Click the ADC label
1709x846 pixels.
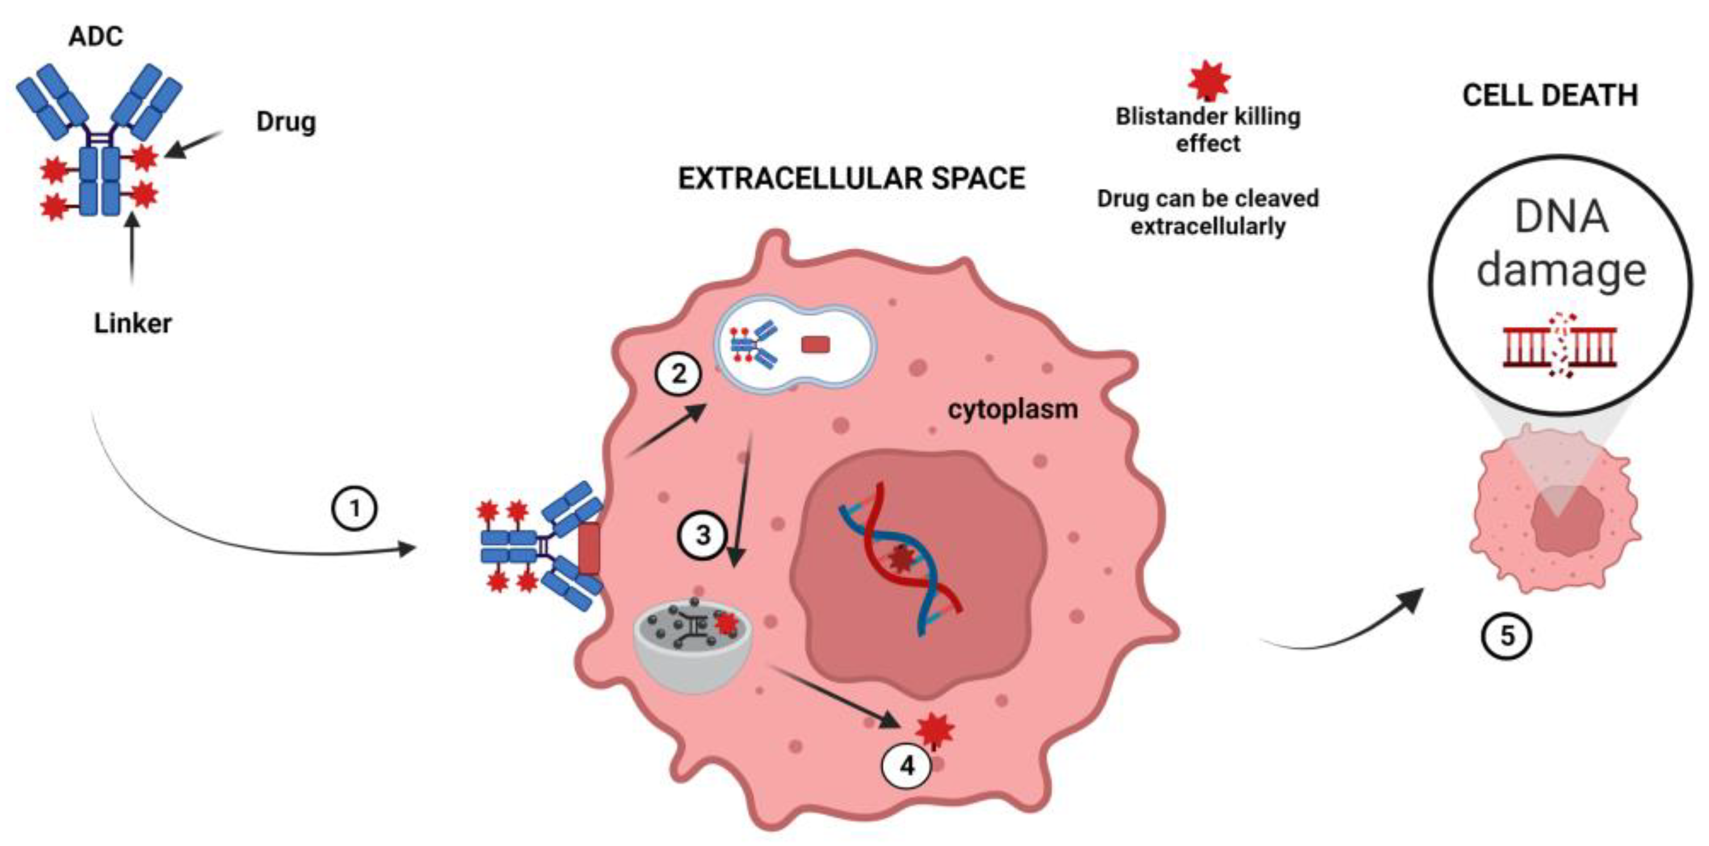[95, 36]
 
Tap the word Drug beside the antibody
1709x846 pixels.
[285, 122]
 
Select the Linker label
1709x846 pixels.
[133, 323]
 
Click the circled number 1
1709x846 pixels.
[354, 509]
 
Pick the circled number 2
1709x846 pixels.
[678, 374]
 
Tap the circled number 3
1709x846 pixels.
[703, 535]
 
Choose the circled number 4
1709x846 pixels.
[906, 766]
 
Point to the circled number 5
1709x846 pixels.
[1506, 637]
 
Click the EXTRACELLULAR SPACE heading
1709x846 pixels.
[851, 179]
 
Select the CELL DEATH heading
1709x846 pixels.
[1550, 95]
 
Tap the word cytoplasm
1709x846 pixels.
[1013, 409]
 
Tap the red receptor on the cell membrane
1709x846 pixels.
[589, 548]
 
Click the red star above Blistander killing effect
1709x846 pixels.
[1210, 79]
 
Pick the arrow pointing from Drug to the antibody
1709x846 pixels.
[194, 145]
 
